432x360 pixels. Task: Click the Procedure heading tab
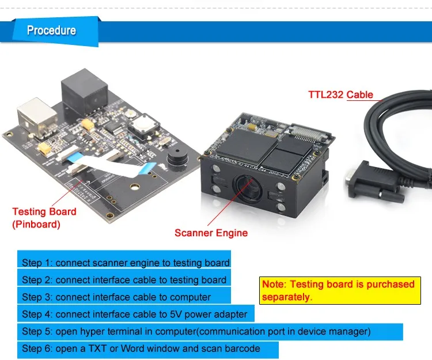52,30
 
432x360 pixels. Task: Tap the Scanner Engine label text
211,233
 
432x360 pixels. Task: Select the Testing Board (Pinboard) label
44,218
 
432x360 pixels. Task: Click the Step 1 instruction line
126,263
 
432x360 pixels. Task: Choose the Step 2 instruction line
124,280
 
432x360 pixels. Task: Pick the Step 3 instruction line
116,297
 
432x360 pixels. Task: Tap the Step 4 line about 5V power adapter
134,314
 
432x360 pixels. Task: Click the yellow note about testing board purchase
338,290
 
